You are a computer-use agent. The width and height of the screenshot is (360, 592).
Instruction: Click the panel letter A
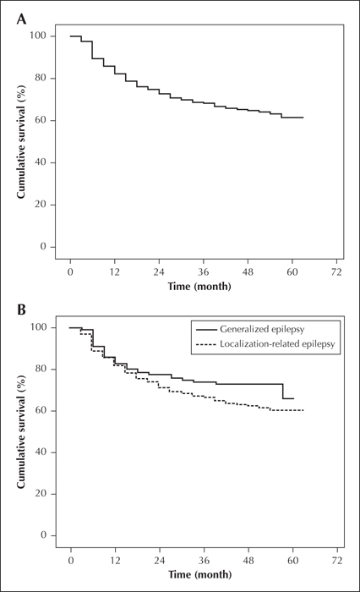tap(21, 19)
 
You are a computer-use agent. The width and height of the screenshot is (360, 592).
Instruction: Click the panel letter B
tap(21, 310)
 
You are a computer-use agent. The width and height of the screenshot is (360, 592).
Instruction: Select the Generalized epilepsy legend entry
tap(250, 329)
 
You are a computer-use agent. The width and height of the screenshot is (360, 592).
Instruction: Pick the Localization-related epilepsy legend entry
tap(265, 344)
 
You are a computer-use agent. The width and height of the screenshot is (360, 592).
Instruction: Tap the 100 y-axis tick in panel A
tap(38, 36)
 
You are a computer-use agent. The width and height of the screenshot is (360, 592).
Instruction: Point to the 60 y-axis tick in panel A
tap(40, 120)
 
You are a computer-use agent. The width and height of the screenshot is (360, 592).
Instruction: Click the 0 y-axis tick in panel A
tap(42, 247)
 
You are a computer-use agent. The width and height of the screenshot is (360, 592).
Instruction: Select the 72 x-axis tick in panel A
tap(336, 271)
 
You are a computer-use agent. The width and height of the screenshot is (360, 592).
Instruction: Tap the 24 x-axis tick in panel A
tap(159, 271)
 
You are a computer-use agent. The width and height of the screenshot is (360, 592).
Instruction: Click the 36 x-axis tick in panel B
tap(205, 561)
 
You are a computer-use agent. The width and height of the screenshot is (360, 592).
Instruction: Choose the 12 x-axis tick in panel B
tap(115, 561)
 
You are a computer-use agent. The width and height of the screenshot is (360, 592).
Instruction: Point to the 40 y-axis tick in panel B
tap(41, 452)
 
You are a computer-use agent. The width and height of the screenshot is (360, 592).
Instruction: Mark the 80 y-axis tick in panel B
tap(41, 369)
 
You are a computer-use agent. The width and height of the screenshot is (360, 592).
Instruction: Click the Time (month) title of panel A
tap(199, 287)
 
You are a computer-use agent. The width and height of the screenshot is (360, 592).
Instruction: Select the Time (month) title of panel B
tap(199, 575)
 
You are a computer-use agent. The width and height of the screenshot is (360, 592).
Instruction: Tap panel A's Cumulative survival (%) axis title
tap(21, 141)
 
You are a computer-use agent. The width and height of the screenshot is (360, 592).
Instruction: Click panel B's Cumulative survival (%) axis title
tap(21, 431)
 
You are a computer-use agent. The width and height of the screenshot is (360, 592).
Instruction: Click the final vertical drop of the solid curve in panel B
tap(282, 391)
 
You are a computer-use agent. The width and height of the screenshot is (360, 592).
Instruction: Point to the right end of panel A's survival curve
tap(303, 118)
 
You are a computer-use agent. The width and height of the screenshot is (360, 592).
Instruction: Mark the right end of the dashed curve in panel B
tap(303, 410)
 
